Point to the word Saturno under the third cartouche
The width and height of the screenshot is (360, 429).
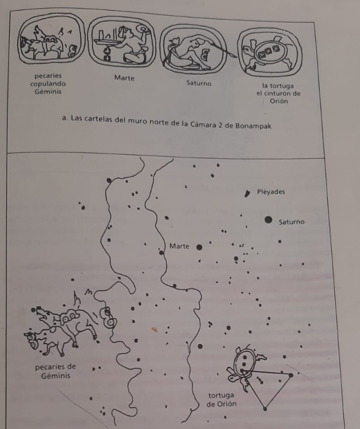pyautogui.click(x=199, y=84)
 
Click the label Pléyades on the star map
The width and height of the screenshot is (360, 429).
pyautogui.click(x=271, y=192)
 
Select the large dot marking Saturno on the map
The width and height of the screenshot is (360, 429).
pyautogui.click(x=268, y=220)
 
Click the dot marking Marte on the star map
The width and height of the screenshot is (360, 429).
pyautogui.click(x=199, y=247)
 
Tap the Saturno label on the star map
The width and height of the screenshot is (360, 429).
pyautogui.click(x=292, y=222)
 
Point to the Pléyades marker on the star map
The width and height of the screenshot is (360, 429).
pyautogui.click(x=247, y=194)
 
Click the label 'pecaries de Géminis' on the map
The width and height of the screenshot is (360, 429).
pyautogui.click(x=56, y=371)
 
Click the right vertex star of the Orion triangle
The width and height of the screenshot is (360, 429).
pyautogui.click(x=291, y=375)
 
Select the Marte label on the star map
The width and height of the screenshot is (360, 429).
pyautogui.click(x=179, y=246)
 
